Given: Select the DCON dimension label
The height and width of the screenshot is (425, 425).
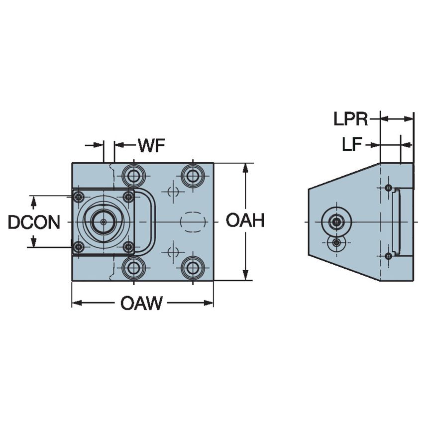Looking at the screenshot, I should click(x=34, y=222).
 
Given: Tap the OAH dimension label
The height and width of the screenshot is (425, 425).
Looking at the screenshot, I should click(x=245, y=220).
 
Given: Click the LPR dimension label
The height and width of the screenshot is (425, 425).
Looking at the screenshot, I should click(x=351, y=119).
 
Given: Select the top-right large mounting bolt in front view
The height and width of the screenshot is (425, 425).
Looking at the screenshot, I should click(x=192, y=175).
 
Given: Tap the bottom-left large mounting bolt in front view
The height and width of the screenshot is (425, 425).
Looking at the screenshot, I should click(x=132, y=268).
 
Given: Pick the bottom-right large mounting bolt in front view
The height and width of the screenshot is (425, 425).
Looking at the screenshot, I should click(x=192, y=268).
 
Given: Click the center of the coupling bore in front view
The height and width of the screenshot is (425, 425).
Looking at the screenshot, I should click(x=103, y=222).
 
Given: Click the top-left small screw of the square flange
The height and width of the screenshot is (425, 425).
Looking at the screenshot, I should click(x=78, y=197).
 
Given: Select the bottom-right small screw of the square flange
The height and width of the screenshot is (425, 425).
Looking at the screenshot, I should click(x=128, y=246).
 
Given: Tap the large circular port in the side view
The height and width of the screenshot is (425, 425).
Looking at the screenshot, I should click(x=337, y=221).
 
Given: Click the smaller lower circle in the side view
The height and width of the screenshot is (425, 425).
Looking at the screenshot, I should click(x=337, y=242).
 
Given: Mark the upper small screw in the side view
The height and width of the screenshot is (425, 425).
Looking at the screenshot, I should click(x=388, y=188).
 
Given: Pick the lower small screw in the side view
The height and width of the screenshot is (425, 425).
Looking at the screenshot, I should click(x=388, y=255).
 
